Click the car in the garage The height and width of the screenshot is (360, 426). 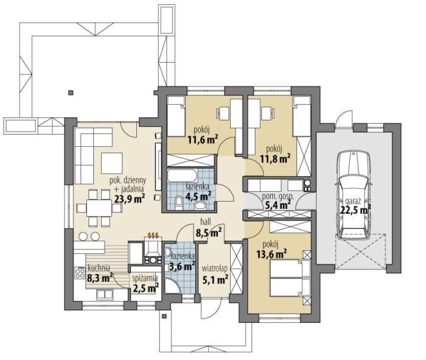point(353,195)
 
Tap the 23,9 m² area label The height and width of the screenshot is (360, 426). point(130,199)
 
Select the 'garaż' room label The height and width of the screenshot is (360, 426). point(353,202)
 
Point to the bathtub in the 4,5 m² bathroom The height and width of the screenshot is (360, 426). point(183,175)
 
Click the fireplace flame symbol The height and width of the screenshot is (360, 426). point(153,235)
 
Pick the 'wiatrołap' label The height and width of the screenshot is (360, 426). point(214,269)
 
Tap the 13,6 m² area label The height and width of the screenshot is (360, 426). point(271,254)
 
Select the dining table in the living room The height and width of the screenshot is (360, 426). point(99,208)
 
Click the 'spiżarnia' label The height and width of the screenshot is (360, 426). point(145,278)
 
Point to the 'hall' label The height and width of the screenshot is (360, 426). point(206,222)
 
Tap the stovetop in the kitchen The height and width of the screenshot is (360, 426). point(80,273)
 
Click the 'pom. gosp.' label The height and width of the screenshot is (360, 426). point(276,197)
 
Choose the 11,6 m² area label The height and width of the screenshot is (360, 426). point(203,139)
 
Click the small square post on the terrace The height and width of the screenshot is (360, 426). point(71,93)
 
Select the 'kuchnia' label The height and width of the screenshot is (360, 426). point(99,268)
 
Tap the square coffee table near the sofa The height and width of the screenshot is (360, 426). point(111,163)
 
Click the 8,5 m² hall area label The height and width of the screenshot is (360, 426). point(209,232)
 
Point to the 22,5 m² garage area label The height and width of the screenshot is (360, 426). point(356,210)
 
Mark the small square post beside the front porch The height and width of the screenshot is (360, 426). point(164,316)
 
